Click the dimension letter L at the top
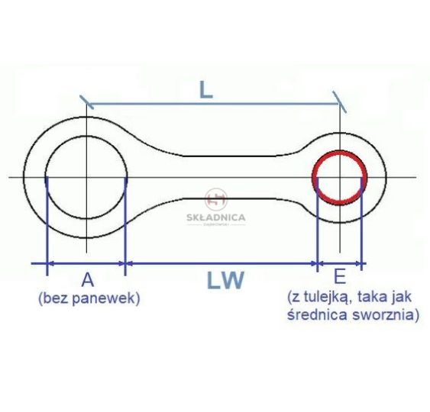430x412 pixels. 206,90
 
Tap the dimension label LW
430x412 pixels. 225,280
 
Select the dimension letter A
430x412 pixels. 88,280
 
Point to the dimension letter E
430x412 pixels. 340,277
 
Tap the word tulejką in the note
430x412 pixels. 331,298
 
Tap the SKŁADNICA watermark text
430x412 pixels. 216,217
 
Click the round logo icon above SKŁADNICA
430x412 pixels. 216,199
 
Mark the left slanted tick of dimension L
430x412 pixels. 86,102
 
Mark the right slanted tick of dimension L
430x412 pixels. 340,101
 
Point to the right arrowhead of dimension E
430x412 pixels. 357,263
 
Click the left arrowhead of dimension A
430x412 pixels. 51,263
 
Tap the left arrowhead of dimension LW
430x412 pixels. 129,263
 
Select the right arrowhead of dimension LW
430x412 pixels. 313,263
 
